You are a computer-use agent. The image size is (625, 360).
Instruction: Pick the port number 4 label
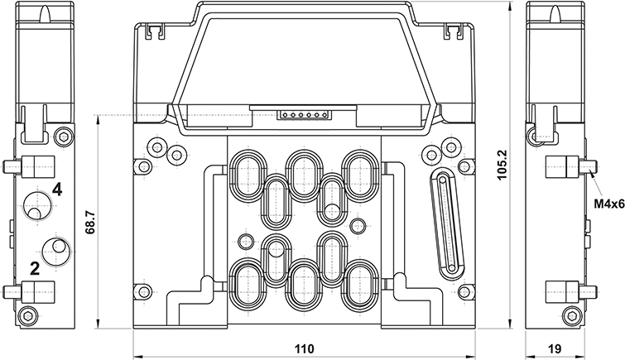[56, 190]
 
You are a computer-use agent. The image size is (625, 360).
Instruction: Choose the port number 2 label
[35, 266]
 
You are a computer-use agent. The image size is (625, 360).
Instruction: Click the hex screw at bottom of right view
[570, 314]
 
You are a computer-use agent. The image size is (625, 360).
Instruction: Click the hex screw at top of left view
[63, 136]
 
